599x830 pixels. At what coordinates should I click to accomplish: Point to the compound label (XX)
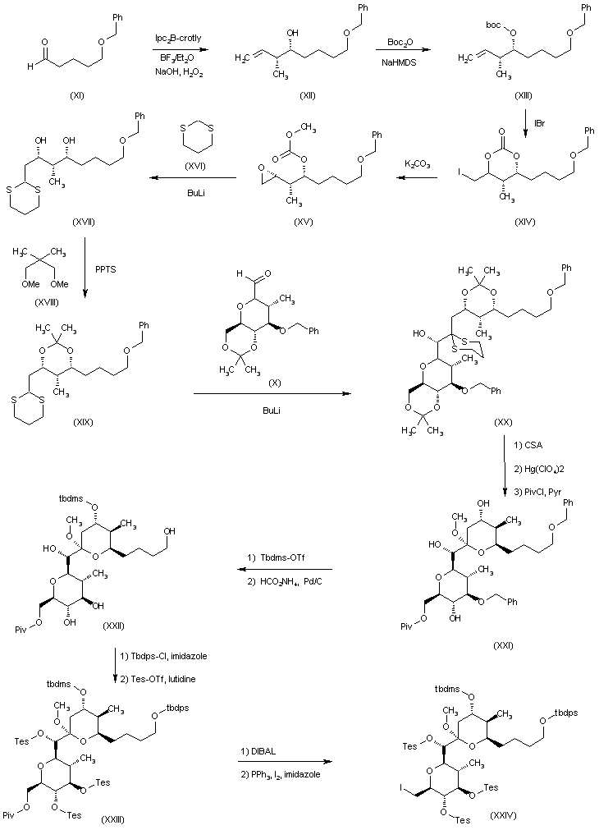504,420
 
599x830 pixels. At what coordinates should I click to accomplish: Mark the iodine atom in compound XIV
458,174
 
